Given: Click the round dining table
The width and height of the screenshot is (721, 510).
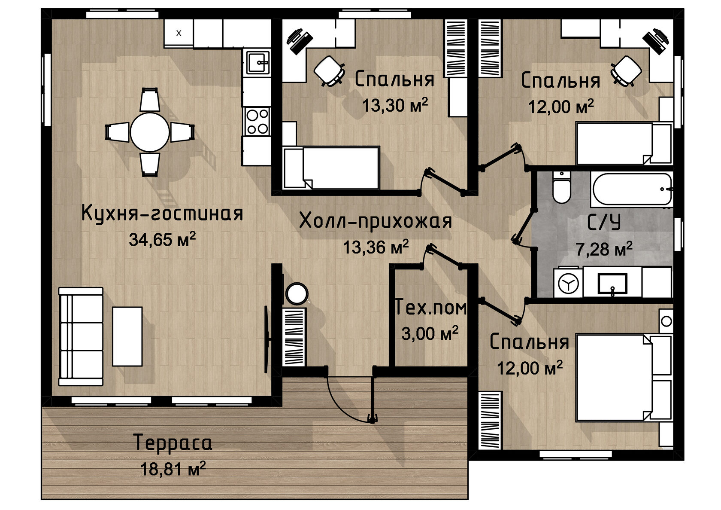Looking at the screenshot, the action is point(150,132).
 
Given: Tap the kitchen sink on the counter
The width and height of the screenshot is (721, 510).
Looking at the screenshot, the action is point(258,62).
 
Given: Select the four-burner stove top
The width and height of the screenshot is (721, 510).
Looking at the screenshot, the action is point(257,122).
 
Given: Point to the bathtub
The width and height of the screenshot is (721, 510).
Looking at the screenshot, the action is point(632,189).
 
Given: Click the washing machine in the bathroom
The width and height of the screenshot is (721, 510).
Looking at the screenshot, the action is point(568,283).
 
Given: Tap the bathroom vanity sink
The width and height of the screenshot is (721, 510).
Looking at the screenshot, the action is point(612,284).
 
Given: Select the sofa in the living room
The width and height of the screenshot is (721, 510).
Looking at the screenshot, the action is point(81,336).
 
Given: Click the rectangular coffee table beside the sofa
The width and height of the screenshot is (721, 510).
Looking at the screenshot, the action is point(127,336).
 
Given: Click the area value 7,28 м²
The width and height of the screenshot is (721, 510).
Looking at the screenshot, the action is point(604,249).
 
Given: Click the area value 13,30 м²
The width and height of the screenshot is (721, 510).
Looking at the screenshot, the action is point(395,105).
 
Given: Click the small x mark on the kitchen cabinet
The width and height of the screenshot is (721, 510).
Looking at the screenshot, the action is point(179,33).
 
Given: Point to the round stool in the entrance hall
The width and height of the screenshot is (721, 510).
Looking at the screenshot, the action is point(297,293).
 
